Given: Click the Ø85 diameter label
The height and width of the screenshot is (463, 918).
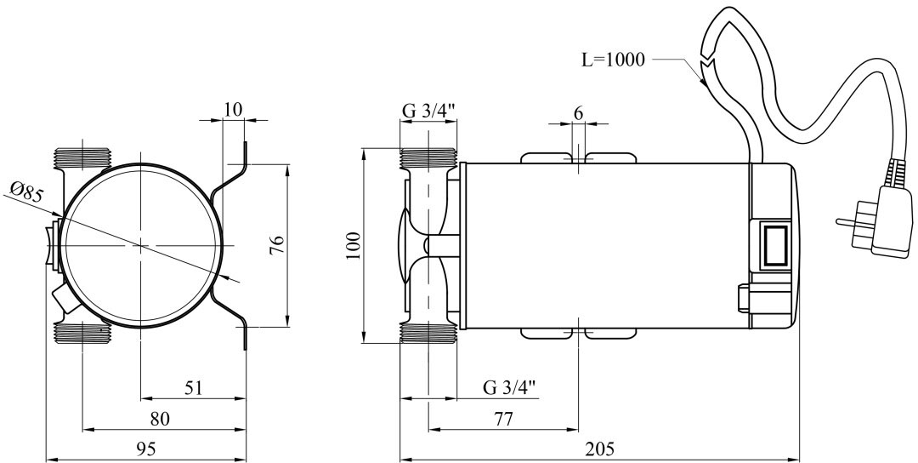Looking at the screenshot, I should click(27, 193).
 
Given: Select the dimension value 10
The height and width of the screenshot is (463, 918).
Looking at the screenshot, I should click(233, 108).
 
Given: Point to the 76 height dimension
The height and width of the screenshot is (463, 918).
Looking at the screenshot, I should click(277, 246).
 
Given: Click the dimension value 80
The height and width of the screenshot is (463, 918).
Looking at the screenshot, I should click(160, 419).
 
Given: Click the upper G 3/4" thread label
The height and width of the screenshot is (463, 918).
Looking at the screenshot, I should click(429, 110).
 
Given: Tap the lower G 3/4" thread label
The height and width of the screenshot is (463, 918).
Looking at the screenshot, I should click(509, 387).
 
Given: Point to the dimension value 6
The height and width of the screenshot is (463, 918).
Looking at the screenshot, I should click(578, 111).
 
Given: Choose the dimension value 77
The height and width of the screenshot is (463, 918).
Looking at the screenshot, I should click(503, 419).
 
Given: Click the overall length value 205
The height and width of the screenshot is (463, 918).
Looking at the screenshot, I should click(600, 449).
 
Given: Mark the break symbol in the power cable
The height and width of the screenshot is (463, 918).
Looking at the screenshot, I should click(705, 70).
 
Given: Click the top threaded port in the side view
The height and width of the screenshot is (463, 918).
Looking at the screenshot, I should click(428, 157).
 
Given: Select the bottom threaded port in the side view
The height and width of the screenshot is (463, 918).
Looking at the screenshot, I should click(428, 333).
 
